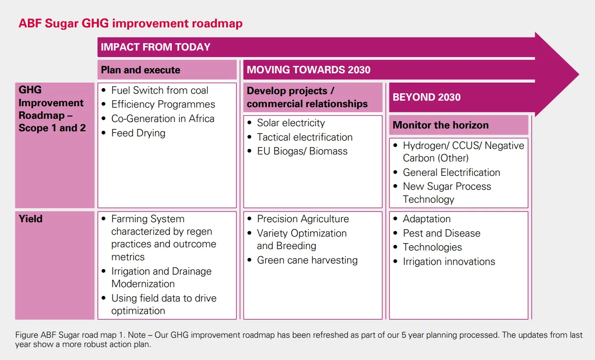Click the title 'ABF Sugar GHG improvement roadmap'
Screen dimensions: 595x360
[130, 23]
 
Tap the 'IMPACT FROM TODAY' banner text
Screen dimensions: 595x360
[155, 47]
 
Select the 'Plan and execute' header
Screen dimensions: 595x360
[141, 70]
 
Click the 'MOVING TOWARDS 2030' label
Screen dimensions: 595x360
[308, 70]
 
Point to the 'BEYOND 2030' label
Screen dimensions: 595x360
[427, 97]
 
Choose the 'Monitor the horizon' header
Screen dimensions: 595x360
[440, 125]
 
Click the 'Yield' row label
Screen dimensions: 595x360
[31, 219]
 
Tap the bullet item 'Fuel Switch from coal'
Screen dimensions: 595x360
[160, 90]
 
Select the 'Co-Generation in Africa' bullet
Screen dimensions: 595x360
[162, 119]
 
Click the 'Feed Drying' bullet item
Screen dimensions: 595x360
[138, 133]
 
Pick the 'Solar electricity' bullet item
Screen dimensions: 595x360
[291, 123]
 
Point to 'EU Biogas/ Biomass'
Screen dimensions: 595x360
[302, 151]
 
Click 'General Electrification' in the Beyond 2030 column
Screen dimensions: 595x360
[451, 173]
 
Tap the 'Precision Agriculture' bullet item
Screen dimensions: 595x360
[303, 219]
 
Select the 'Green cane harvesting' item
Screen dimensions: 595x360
[307, 260]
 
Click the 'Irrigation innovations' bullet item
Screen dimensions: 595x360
[449, 262]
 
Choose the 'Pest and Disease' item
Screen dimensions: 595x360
[441, 233]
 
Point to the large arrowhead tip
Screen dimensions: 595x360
[579, 74]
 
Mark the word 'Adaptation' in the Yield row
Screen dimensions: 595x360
[427, 219]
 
